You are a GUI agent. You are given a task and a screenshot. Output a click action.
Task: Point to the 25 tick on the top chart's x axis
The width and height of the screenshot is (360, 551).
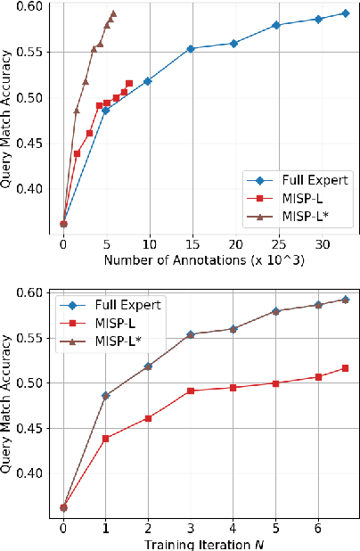(x=275, y=243)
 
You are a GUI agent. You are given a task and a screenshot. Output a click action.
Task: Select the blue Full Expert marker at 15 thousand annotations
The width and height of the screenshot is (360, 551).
(x=191, y=49)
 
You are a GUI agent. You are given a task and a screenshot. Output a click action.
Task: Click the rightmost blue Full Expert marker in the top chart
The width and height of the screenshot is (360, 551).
(x=345, y=13)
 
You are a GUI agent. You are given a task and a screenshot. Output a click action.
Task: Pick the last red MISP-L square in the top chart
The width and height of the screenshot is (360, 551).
(x=129, y=83)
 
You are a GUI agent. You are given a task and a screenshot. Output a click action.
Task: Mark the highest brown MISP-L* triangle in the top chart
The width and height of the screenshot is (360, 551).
(x=113, y=13)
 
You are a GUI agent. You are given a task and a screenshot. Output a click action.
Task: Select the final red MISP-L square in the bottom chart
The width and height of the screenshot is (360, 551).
(x=345, y=368)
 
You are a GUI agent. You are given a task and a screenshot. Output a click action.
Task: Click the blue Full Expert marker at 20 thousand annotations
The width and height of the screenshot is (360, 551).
(x=233, y=43)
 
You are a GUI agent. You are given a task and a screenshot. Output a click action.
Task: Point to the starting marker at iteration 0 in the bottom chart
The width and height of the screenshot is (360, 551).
(x=63, y=507)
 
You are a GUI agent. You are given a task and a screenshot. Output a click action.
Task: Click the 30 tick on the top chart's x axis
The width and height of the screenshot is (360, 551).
(x=318, y=243)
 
